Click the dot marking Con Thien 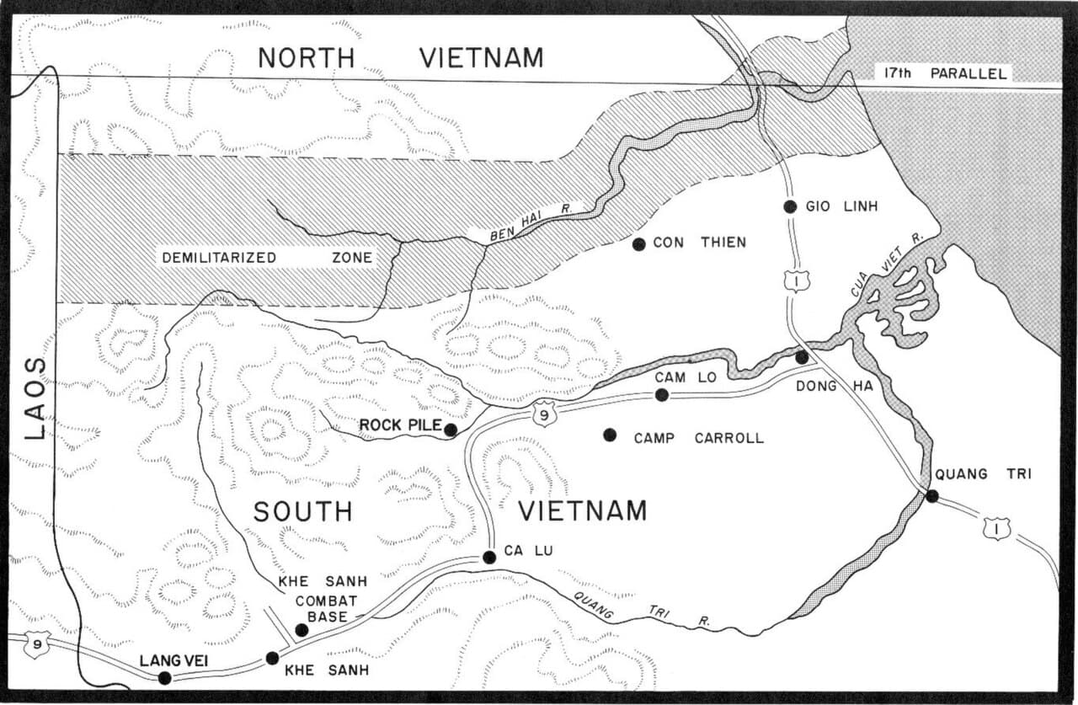pyautogui.click(x=638, y=244)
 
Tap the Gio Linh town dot pyautogui.click(x=789, y=206)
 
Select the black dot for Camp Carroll pyautogui.click(x=610, y=435)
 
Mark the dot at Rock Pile pyautogui.click(x=451, y=430)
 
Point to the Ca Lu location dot pyautogui.click(x=488, y=557)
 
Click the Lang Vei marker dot pyautogui.click(x=165, y=678)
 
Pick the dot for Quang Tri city pyautogui.click(x=931, y=496)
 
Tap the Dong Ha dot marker pyautogui.click(x=802, y=358)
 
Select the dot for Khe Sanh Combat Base pyautogui.click(x=302, y=629)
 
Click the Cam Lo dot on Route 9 pyautogui.click(x=662, y=394)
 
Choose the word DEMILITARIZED pyautogui.click(x=218, y=258)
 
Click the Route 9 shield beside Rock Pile pyautogui.click(x=544, y=413)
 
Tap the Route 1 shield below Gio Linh pyautogui.click(x=796, y=280)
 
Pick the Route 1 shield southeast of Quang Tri pyautogui.click(x=995, y=528)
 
